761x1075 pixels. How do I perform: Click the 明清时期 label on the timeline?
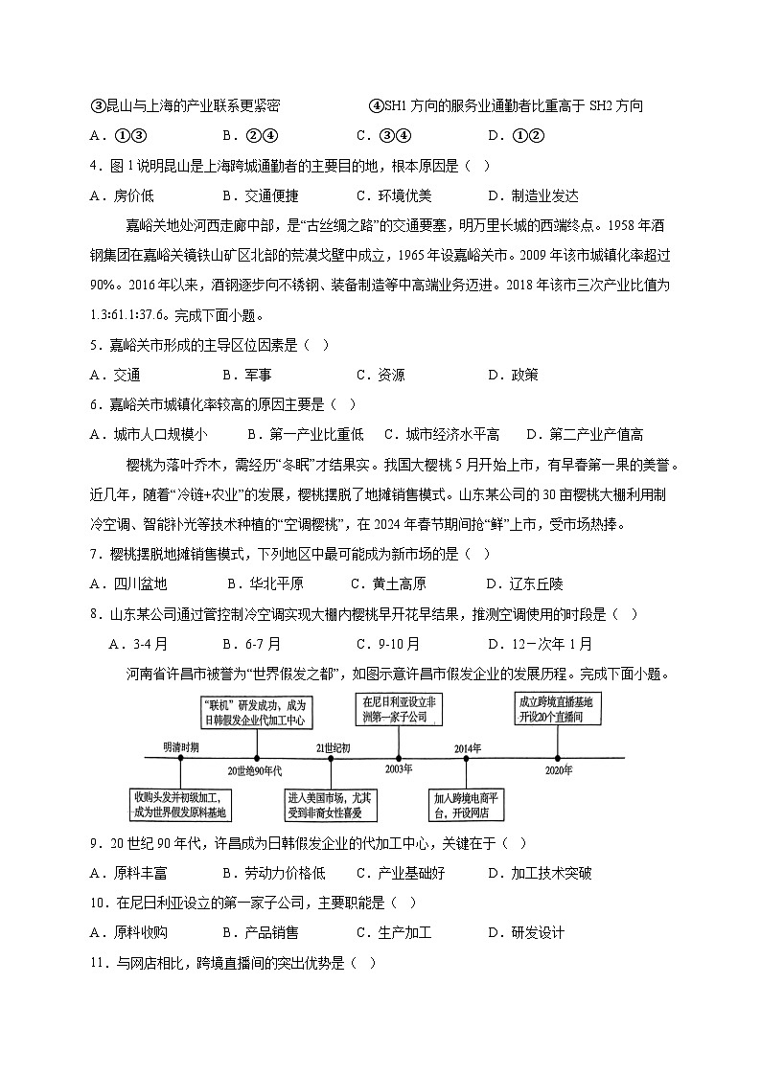click(x=181, y=745)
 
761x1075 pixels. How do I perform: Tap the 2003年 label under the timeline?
click(x=399, y=769)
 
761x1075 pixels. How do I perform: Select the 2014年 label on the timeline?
click(x=467, y=746)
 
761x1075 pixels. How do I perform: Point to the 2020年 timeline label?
click(x=557, y=769)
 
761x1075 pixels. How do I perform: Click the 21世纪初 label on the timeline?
click(x=333, y=746)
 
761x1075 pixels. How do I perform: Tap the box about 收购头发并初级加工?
click(x=181, y=804)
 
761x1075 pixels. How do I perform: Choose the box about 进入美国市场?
click(x=331, y=804)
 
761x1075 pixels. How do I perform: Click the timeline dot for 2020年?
click(x=557, y=758)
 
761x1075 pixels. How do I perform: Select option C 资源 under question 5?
click(x=380, y=375)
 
